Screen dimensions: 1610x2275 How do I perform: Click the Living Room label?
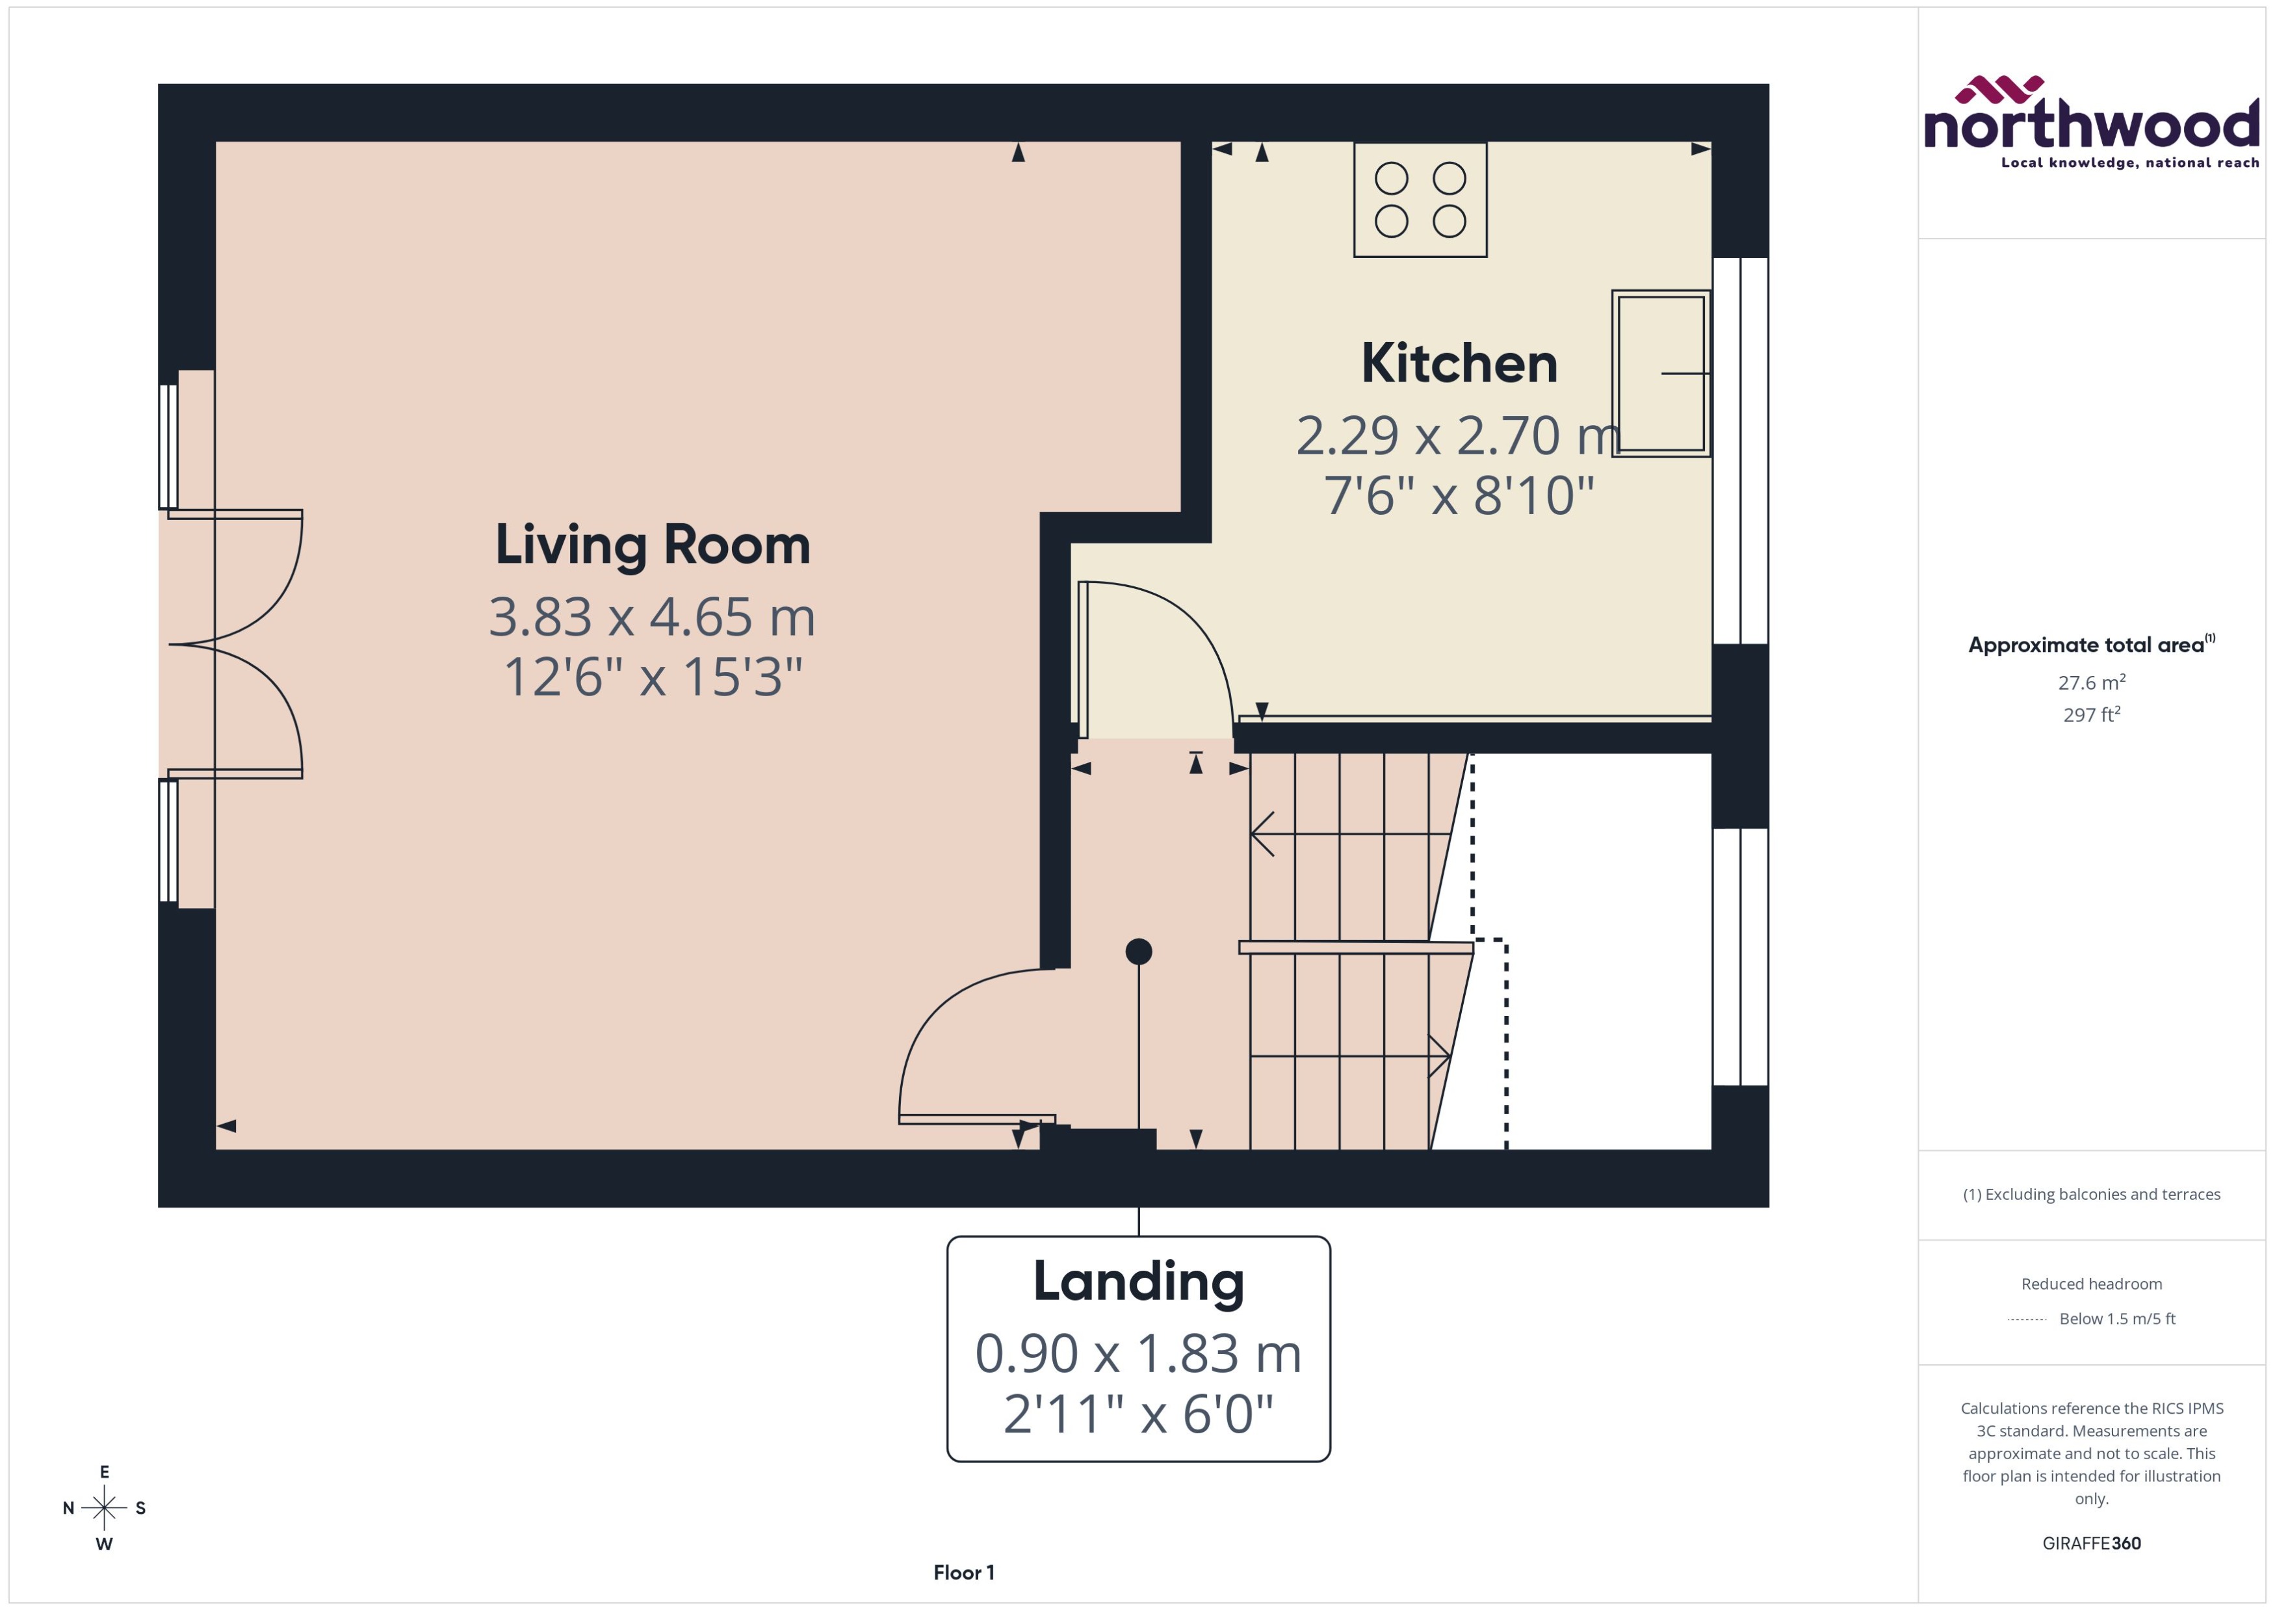(652, 545)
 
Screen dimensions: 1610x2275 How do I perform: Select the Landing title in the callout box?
(1138, 1281)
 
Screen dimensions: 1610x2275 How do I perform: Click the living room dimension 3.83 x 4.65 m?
(652, 617)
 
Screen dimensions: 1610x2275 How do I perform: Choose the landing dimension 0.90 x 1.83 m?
(1138, 1353)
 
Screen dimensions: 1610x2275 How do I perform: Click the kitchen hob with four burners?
(1420, 200)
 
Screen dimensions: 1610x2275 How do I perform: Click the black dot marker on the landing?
(1138, 952)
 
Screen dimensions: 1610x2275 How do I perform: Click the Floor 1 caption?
(963, 1572)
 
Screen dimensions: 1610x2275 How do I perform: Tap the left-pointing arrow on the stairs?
(1264, 834)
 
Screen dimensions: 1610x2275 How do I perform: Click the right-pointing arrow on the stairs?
(1437, 1056)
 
